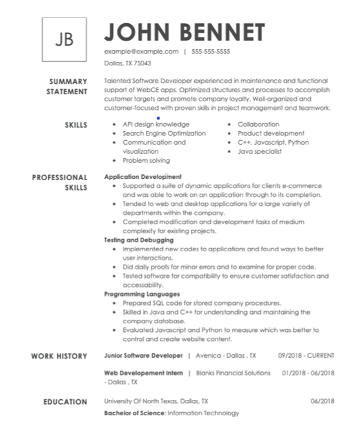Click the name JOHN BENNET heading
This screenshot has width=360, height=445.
185,32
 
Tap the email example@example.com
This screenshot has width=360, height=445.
141,51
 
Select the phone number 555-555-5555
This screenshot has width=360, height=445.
211,51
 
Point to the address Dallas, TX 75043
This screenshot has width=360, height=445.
128,63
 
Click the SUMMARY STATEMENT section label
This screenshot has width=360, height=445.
66,87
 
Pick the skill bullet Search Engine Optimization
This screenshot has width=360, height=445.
164,134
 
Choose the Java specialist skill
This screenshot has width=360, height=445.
259,152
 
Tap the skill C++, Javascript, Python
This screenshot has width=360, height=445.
273,143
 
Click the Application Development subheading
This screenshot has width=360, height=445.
143,176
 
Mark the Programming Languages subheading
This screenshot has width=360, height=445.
142,294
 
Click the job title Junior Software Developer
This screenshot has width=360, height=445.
143,355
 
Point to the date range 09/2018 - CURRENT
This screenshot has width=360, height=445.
306,355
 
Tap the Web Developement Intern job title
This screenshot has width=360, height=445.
143,373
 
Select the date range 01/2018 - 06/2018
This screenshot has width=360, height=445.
308,373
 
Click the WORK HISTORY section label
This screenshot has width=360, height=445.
59,356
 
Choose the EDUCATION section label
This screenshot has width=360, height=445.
65,402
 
